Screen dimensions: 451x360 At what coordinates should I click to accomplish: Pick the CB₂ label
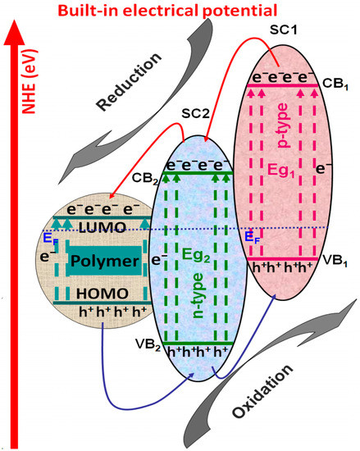(x=146, y=176)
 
